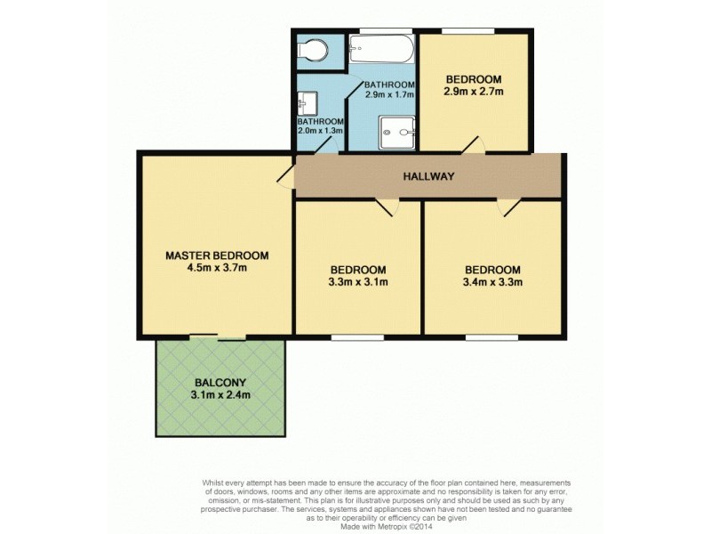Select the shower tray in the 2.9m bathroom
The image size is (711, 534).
[396, 133]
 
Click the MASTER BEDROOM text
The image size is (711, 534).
[217, 255]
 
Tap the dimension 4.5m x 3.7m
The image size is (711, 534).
[217, 268]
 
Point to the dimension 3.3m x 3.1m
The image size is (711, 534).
[358, 283]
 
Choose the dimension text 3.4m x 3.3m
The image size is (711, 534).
[491, 283]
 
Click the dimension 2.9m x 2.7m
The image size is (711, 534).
[474, 91]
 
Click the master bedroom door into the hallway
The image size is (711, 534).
[286, 174]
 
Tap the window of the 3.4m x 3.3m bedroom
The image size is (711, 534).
[491, 336]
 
